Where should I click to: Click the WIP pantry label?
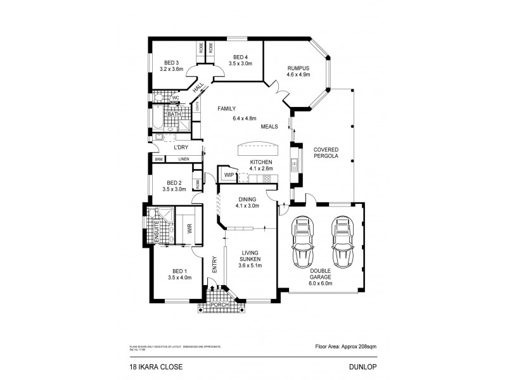tap(228, 174)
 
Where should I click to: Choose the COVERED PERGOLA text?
tap(326, 153)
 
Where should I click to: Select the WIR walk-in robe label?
tap(189, 231)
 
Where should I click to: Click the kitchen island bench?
tap(260, 149)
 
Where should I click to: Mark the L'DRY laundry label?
tap(174, 148)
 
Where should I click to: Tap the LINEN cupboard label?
tap(183, 159)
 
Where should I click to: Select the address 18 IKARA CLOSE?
tap(144, 366)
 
